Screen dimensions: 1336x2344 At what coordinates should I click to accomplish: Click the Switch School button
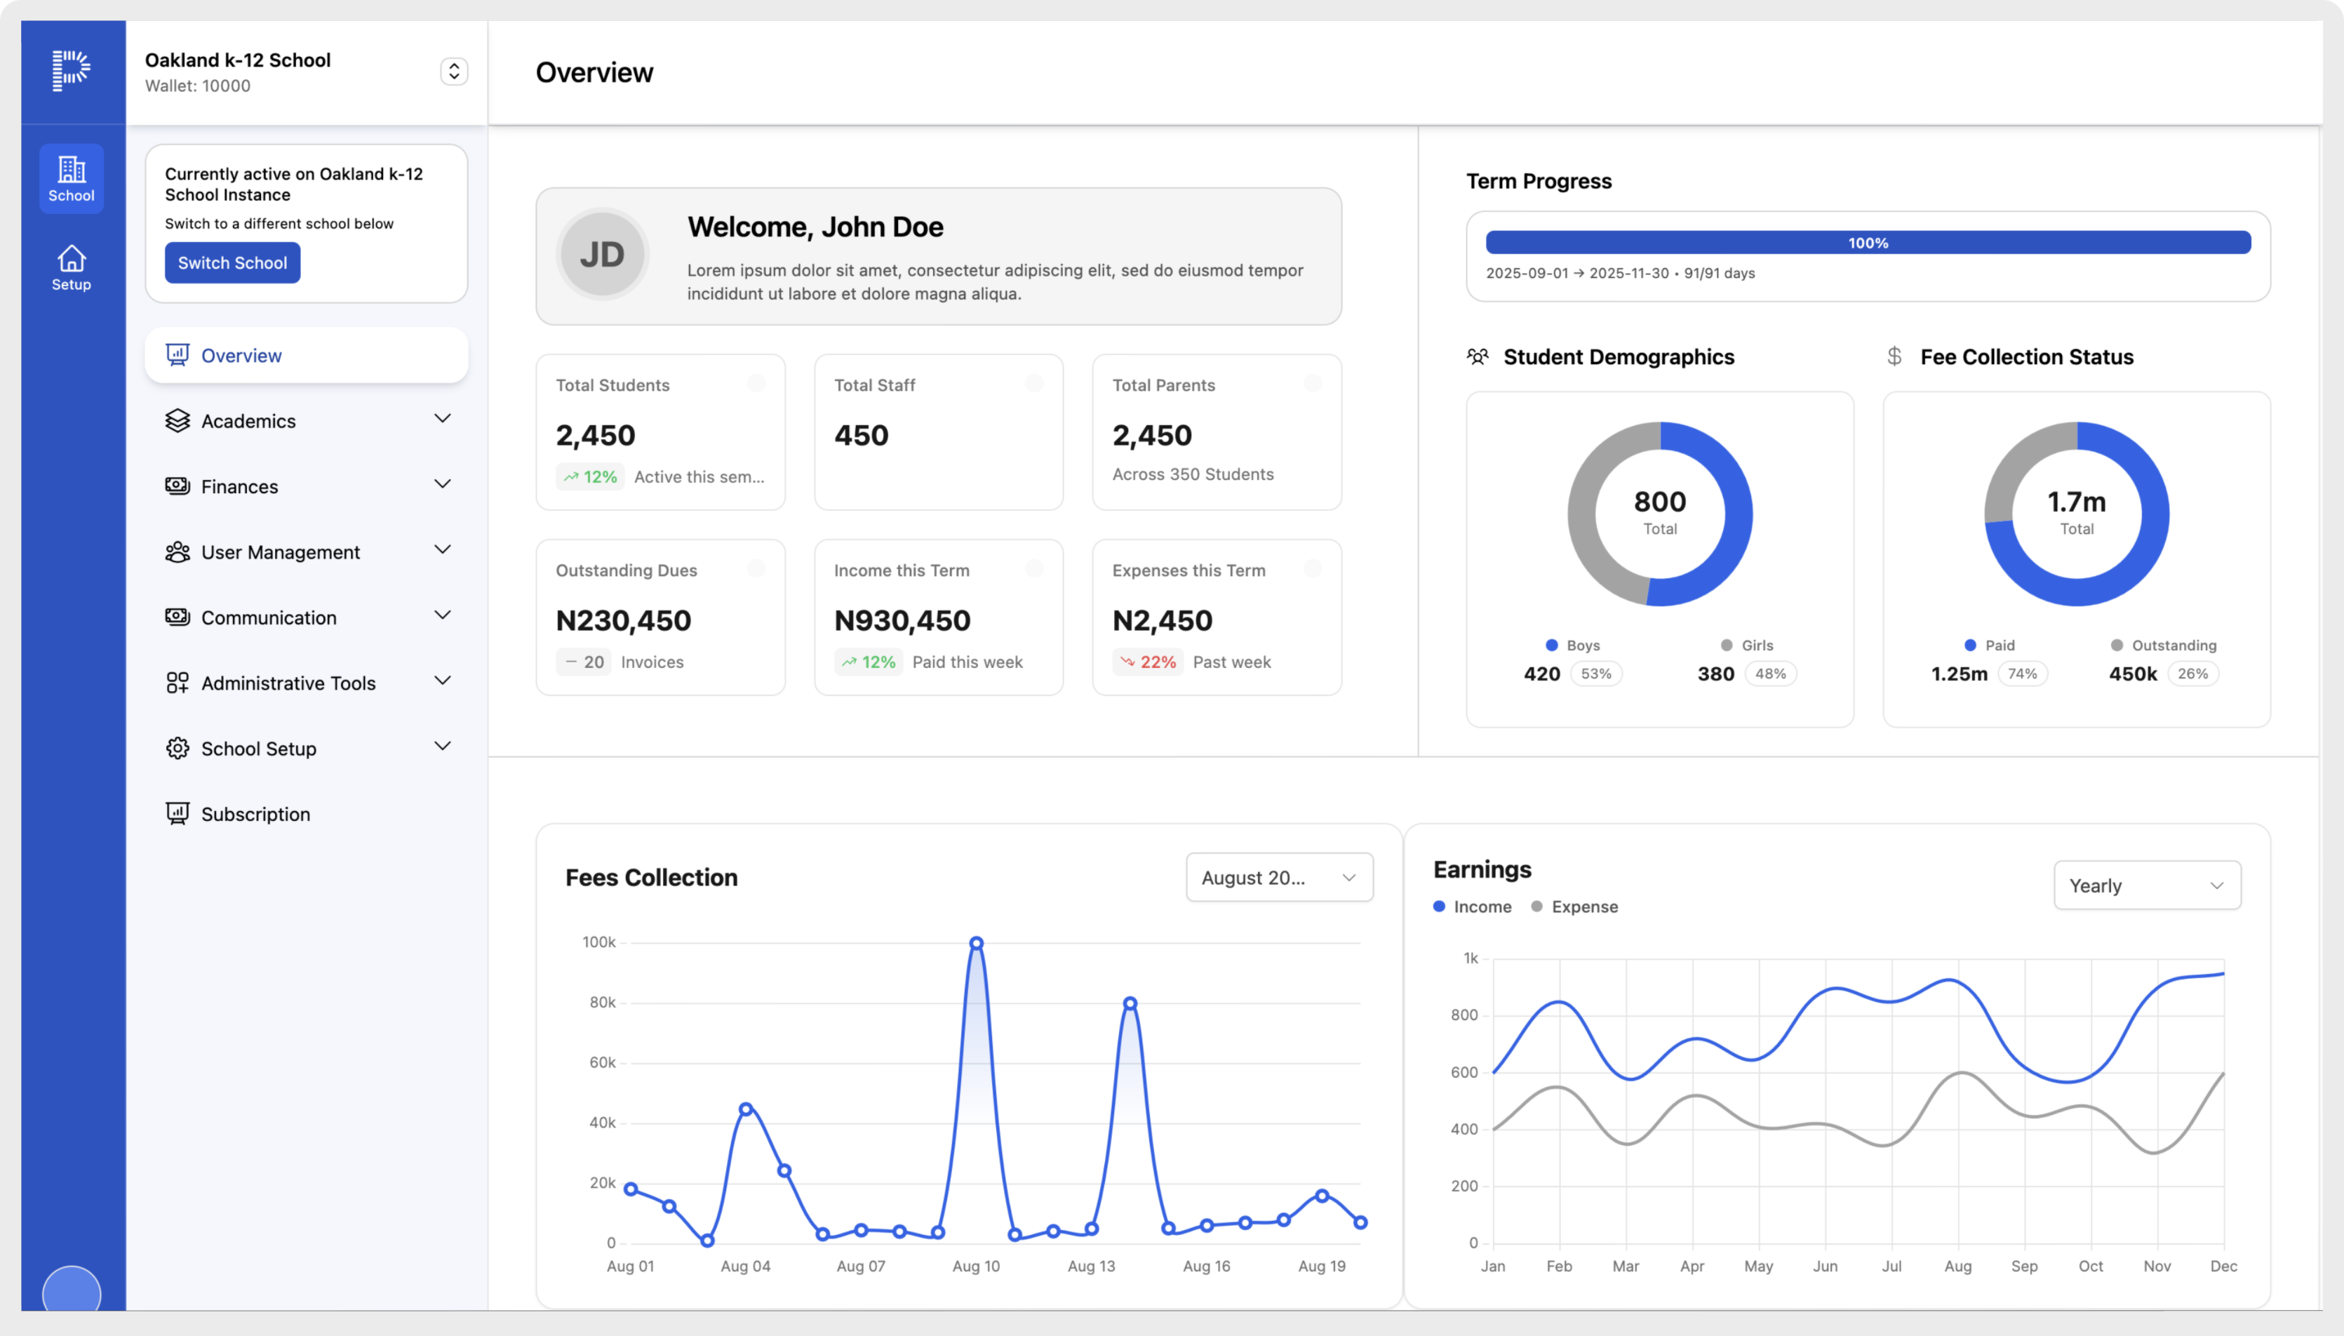click(x=232, y=262)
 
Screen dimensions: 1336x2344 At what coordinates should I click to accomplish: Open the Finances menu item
click(x=239, y=486)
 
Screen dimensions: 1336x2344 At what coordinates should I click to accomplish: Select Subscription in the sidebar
click(x=255, y=814)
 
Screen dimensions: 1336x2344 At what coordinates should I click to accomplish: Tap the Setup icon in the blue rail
click(x=72, y=268)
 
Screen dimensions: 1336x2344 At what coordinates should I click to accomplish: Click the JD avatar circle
click(x=602, y=254)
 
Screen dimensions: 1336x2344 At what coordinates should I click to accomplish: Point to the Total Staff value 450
click(x=861, y=435)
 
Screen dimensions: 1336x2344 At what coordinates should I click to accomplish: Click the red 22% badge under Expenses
click(x=1148, y=662)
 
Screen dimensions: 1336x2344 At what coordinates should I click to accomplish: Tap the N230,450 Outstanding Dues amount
click(x=623, y=620)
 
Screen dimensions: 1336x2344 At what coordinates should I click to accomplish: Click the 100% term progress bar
click(x=1867, y=242)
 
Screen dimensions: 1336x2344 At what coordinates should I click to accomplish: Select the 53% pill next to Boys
click(x=1595, y=674)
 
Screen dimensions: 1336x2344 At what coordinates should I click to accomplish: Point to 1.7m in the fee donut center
click(x=2076, y=502)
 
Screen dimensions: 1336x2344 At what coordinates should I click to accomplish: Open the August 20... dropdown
click(x=1278, y=877)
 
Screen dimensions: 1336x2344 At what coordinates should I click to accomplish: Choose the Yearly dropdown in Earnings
click(x=2146, y=886)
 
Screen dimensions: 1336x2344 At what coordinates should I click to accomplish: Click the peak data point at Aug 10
click(x=976, y=943)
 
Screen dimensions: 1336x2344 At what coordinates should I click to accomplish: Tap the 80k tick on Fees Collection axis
click(x=603, y=1002)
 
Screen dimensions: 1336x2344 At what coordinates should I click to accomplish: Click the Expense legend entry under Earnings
click(x=1574, y=907)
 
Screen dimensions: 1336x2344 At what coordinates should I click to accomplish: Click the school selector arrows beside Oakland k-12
click(x=454, y=72)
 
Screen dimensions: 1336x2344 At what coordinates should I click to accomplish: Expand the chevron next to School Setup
click(x=442, y=746)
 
